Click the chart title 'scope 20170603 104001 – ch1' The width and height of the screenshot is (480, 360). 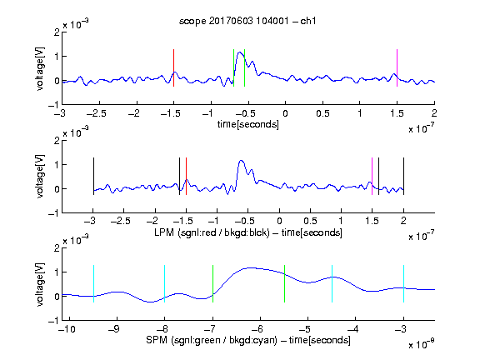(247, 21)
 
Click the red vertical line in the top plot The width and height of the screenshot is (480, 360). (173, 67)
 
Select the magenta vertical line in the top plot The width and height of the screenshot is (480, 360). (397, 67)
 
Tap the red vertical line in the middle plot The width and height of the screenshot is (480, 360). (186, 176)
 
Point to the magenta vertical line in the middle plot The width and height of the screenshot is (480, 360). (372, 176)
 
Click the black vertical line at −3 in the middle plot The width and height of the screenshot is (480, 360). (93, 176)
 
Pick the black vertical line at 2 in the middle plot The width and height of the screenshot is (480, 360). (403, 176)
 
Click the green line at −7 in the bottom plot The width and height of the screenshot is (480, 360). (212, 284)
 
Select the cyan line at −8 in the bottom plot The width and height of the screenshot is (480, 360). (165, 284)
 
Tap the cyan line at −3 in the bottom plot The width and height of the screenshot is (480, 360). (403, 284)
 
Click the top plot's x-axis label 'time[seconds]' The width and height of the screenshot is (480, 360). (248, 124)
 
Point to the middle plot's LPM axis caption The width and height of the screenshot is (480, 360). (248, 232)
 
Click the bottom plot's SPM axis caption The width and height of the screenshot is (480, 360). (248, 340)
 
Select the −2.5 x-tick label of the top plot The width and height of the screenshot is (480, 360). (96, 113)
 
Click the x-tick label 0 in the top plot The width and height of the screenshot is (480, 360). (285, 113)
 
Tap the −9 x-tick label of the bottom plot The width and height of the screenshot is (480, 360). (114, 329)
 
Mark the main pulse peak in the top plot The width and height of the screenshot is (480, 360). (239, 52)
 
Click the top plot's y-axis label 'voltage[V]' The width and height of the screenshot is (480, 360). (40, 68)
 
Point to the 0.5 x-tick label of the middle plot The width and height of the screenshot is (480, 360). (310, 221)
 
